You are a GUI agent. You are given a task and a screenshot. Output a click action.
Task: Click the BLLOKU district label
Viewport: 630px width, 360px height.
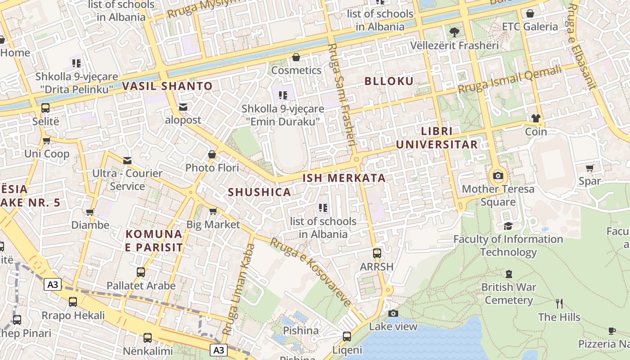coord(389,81)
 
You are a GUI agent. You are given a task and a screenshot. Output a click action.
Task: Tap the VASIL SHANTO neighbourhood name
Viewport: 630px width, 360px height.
coord(167,86)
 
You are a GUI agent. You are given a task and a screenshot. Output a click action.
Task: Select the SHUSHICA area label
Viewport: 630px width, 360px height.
coord(259,192)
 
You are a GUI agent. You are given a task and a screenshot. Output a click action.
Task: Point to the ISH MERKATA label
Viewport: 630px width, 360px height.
coord(344,178)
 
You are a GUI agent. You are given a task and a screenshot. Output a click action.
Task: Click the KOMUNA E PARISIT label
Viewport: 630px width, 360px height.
coord(154,241)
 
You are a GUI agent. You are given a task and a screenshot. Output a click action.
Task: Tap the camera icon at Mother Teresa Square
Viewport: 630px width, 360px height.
coord(498,175)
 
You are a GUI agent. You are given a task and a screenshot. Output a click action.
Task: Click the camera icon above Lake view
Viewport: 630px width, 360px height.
coord(393,313)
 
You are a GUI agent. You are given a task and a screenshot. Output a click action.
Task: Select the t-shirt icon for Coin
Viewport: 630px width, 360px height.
coord(535,118)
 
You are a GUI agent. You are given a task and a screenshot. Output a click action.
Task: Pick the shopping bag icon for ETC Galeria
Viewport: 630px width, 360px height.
coord(530,13)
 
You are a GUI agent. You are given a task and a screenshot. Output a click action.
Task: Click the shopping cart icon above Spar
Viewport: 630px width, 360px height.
coord(589,168)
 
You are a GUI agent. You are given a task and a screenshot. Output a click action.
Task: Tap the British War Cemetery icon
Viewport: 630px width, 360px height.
coord(508,274)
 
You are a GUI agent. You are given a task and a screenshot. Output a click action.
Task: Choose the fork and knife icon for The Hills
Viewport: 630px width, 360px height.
coord(559,304)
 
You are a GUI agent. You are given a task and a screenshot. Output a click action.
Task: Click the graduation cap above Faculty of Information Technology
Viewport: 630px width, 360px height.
coord(508,226)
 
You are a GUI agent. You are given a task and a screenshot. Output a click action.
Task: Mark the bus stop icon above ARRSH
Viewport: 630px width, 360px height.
coord(377,253)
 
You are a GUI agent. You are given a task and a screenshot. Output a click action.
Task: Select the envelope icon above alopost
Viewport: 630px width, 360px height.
coord(183,107)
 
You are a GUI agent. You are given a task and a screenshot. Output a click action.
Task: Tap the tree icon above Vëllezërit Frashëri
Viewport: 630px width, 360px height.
coord(454,32)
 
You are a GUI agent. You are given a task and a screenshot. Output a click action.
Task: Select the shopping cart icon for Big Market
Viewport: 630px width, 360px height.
coord(213,211)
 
